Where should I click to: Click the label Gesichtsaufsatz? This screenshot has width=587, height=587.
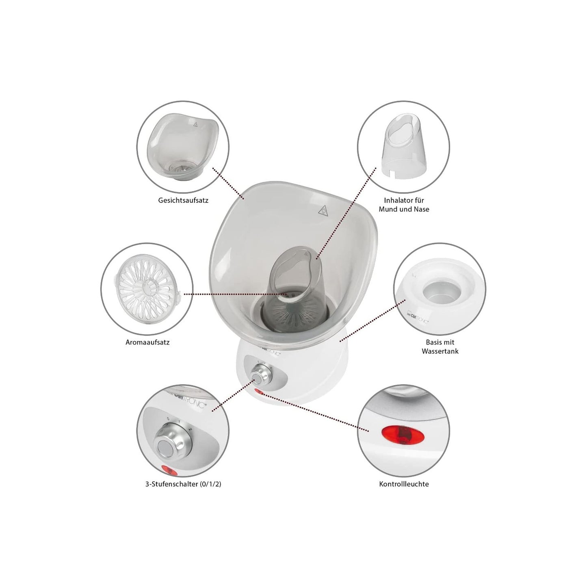[x=183, y=200]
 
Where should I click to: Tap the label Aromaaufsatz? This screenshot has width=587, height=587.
[x=147, y=342]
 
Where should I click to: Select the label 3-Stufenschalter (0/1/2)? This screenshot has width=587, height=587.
[x=183, y=484]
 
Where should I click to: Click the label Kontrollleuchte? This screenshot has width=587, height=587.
[x=404, y=484]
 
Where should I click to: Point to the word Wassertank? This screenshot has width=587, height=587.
[x=440, y=351]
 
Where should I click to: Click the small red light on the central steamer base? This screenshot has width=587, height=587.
[x=259, y=393]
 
